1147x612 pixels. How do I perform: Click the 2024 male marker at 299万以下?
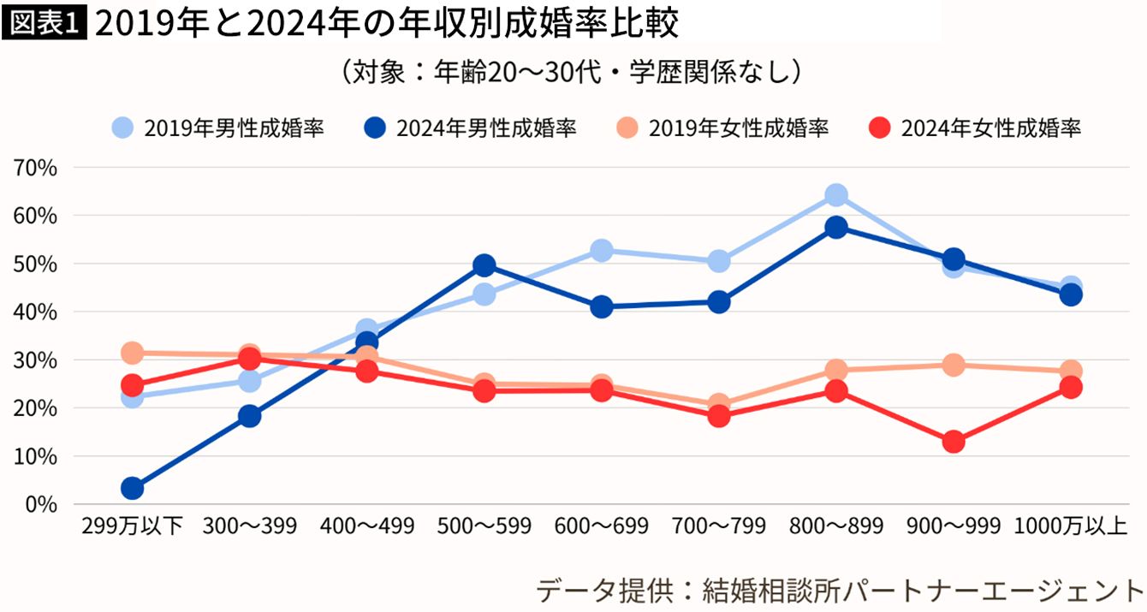(132, 489)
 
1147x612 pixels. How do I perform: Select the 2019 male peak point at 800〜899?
(836, 195)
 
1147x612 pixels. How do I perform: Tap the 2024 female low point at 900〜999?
(954, 442)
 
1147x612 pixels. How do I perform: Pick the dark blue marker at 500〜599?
(484, 265)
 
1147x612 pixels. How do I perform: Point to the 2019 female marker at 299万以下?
(132, 353)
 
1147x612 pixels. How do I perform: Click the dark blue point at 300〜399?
(249, 417)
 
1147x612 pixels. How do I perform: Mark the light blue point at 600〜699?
(602, 251)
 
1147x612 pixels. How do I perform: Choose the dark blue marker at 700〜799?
(719, 302)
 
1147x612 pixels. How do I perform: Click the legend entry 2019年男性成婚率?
(218, 128)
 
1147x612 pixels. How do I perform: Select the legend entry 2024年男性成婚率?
(470, 128)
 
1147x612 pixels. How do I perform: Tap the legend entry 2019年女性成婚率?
(722, 128)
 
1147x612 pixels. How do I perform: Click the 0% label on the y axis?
(41, 504)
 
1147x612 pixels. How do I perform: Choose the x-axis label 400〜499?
(366, 526)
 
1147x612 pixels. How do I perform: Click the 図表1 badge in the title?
(45, 25)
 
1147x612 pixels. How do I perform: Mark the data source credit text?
(840, 590)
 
